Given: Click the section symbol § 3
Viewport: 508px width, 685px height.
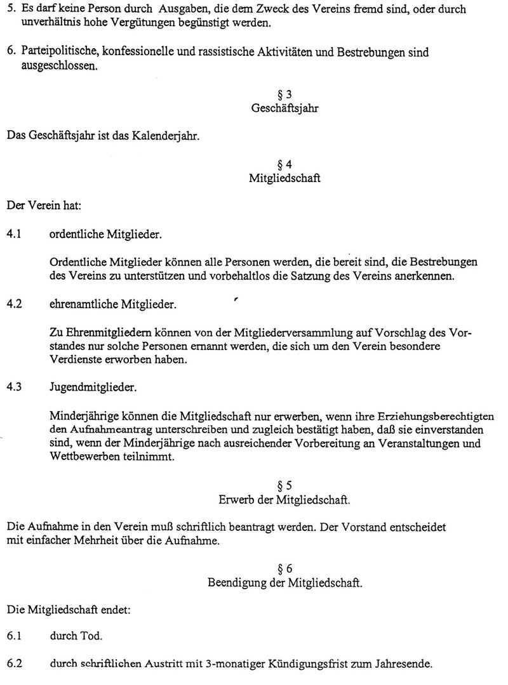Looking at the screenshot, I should [x=285, y=95].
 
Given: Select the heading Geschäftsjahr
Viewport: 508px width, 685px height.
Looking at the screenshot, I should [x=285, y=108].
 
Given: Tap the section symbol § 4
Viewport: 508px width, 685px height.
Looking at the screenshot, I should [x=285, y=165].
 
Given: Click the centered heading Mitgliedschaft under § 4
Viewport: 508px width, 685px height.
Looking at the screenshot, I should [x=285, y=179].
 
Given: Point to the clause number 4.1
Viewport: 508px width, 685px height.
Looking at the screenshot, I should [x=15, y=235].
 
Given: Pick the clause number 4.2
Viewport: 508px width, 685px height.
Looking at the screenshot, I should [x=15, y=304].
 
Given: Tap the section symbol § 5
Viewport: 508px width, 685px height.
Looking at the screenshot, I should [x=285, y=486].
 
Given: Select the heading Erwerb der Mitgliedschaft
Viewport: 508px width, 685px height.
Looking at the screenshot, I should [x=285, y=500].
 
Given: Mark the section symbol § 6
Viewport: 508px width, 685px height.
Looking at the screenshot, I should [x=285, y=569].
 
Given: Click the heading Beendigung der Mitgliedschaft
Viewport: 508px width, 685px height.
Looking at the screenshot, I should [x=285, y=583].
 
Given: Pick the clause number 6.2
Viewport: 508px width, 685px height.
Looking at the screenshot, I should [x=15, y=665].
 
